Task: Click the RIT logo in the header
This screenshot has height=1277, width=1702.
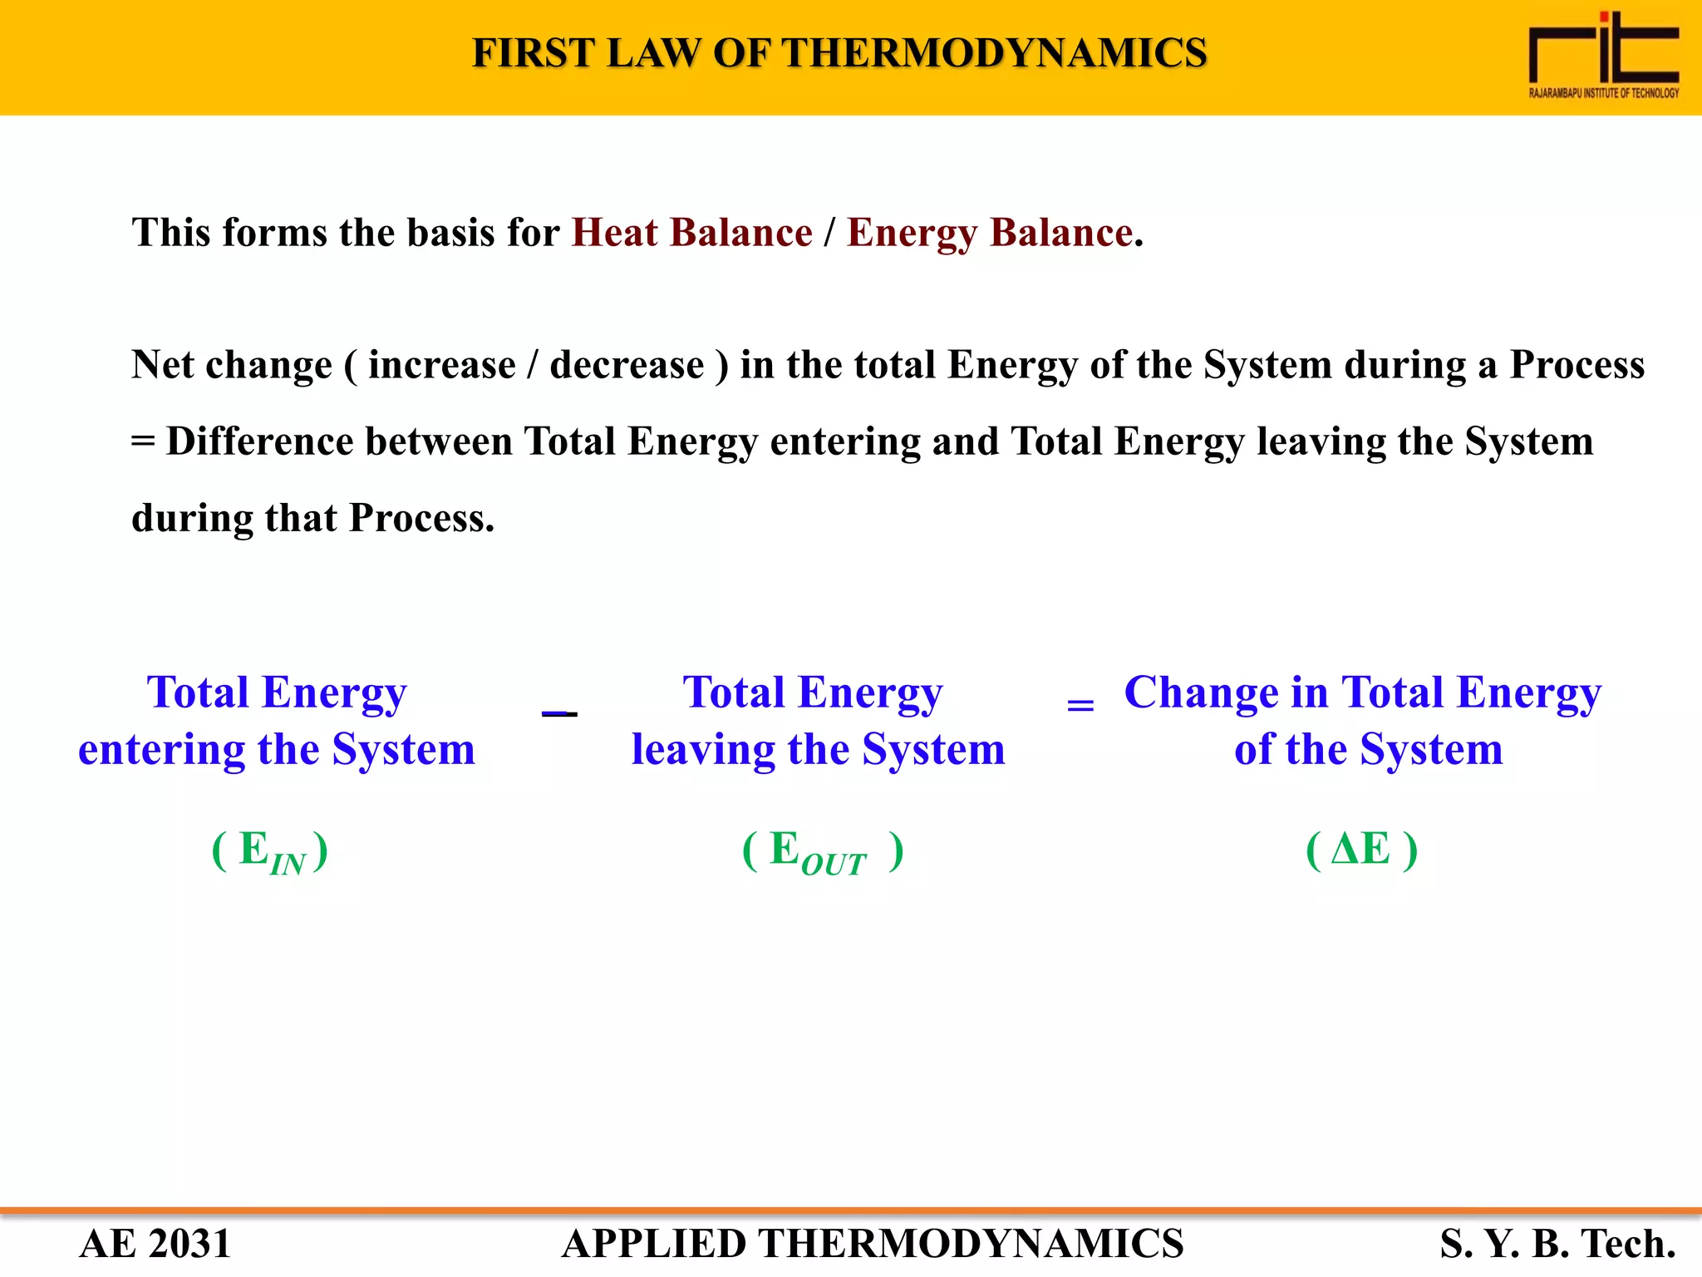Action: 1603,56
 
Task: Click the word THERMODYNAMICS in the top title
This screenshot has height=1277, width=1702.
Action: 994,53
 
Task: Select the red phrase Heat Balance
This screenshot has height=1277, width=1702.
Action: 691,233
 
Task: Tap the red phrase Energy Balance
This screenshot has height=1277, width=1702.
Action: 990,233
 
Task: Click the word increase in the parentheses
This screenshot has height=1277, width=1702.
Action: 441,366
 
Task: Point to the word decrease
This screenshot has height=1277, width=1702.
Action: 627,366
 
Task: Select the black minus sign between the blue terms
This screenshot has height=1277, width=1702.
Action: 559,713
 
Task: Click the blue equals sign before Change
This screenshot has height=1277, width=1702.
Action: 1080,706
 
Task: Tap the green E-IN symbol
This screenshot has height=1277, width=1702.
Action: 271,852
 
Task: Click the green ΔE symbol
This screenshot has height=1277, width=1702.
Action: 1361,850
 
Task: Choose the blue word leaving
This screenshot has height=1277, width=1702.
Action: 703,750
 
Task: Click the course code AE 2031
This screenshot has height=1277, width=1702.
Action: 155,1244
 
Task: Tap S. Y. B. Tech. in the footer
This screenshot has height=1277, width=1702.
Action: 1557,1244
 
